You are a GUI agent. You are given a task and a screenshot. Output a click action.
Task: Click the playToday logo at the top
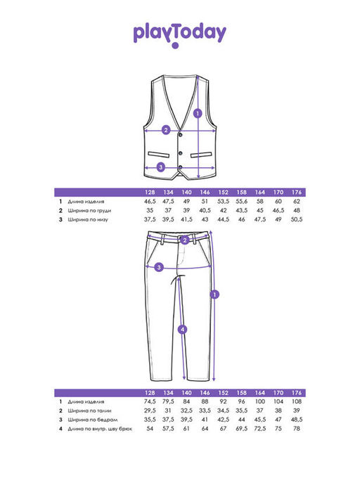click(x=180, y=34)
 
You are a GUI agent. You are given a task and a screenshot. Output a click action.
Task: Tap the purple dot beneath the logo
click(x=175, y=46)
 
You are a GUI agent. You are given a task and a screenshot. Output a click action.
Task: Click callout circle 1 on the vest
click(x=198, y=114)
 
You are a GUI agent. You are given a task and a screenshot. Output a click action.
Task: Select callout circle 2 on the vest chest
click(x=166, y=130)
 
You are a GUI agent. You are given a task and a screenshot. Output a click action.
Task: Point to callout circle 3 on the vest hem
click(x=161, y=167)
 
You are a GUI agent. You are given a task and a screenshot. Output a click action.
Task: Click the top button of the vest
click(x=181, y=135)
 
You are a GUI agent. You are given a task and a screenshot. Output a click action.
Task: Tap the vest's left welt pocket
click(x=159, y=154)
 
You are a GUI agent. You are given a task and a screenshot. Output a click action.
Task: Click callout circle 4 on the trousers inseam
click(x=183, y=330)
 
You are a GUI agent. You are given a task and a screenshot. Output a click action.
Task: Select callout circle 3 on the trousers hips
click(x=159, y=268)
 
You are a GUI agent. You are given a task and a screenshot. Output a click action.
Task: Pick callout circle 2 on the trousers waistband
click(x=184, y=240)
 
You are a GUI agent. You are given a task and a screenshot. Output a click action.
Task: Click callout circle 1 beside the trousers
click(x=214, y=294)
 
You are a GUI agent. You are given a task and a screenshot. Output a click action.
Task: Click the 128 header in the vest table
click(x=150, y=193)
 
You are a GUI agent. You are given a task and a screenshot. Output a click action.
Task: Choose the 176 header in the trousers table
click(x=297, y=393)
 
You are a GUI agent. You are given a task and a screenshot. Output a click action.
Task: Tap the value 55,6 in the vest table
click(x=241, y=202)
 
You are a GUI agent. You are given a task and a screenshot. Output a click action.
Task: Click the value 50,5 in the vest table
click(x=297, y=219)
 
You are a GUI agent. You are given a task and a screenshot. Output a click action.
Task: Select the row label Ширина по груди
click(x=89, y=211)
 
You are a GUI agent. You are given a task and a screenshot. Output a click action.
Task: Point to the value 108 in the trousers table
click(x=297, y=401)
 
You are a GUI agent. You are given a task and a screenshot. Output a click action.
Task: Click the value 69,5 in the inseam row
click(x=241, y=429)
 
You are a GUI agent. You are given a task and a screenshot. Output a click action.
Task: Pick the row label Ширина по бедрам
click(x=93, y=420)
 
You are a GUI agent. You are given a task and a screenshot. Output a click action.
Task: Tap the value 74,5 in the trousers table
click(x=150, y=401)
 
